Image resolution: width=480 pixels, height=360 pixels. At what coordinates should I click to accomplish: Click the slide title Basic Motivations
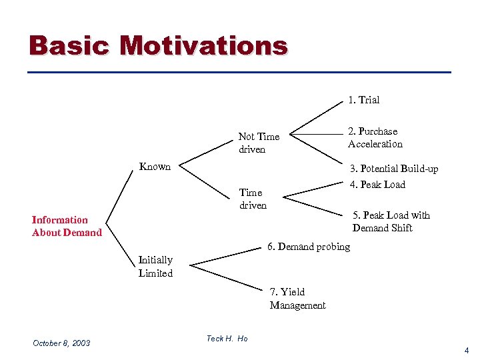tap(159, 45)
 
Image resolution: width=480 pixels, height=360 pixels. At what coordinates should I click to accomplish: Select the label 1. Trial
tap(363, 100)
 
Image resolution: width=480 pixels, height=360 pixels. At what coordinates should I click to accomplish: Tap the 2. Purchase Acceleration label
tap(375, 137)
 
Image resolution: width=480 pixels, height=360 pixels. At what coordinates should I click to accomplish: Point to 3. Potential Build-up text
tap(394, 169)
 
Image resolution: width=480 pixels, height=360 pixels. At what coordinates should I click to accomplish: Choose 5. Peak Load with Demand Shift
tap(391, 221)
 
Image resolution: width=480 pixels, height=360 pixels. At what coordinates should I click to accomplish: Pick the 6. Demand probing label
tap(309, 247)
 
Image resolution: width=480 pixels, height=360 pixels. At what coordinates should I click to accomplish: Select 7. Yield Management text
tap(297, 299)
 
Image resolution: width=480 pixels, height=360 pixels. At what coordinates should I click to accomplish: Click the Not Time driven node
tap(259, 143)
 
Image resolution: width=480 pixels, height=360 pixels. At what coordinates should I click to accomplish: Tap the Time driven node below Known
tap(253, 199)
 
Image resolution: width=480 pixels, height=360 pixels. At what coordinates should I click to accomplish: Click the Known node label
tap(155, 167)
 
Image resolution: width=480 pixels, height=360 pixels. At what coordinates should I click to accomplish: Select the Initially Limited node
tap(155, 267)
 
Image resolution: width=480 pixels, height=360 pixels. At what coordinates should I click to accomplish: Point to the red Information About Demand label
tap(67, 226)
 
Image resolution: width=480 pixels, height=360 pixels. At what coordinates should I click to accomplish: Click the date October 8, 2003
tap(61, 343)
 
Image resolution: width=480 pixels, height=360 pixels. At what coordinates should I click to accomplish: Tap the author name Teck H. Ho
tap(227, 339)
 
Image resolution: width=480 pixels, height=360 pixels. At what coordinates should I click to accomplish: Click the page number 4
tap(467, 351)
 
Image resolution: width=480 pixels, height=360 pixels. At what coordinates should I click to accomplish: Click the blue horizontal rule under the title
tap(240, 72)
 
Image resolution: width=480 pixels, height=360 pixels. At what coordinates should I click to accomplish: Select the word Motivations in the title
tap(204, 45)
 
